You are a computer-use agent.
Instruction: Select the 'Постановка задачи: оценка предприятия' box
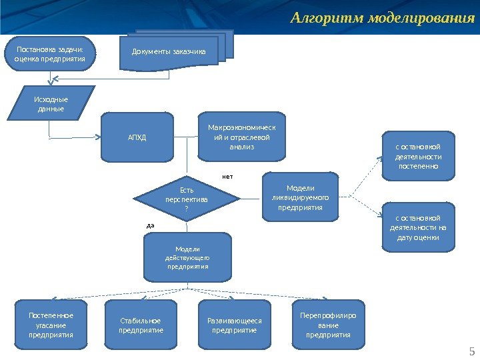(50, 53)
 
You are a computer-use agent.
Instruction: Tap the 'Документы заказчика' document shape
(169, 51)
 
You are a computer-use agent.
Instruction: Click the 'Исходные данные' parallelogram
(51, 103)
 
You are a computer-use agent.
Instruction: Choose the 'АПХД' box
(137, 137)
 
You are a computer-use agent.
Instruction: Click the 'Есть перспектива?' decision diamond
(186, 198)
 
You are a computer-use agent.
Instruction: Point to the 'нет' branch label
(227, 177)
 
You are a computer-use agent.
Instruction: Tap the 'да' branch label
(150, 225)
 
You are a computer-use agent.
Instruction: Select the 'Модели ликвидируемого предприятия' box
(301, 197)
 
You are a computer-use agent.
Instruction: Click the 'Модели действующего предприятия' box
(187, 257)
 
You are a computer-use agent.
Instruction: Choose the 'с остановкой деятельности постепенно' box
(418, 157)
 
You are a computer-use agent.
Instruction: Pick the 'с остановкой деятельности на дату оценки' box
(418, 227)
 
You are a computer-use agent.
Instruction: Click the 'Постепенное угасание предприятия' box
(51, 325)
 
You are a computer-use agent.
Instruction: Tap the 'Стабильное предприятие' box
(141, 325)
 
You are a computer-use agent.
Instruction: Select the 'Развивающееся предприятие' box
(235, 325)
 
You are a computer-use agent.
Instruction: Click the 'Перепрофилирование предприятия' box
(328, 325)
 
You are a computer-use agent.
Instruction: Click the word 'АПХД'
(137, 138)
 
